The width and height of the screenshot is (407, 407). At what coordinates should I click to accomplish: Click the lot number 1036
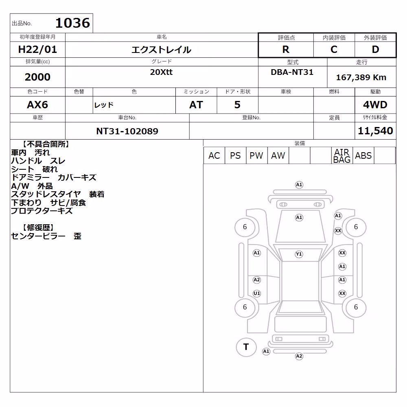[73, 23]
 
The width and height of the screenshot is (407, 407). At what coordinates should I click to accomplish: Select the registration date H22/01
[37, 49]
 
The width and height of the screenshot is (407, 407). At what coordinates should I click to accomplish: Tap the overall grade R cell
[286, 49]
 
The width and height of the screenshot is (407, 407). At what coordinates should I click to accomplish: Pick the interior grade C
[334, 49]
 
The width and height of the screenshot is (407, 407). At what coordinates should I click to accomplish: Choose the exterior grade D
[375, 49]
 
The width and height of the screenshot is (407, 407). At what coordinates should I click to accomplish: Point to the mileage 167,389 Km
[361, 77]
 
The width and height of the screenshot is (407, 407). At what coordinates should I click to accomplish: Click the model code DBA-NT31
[292, 72]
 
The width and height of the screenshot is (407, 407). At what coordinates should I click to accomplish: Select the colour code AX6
[37, 105]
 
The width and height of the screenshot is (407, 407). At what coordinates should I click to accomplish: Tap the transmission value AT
[196, 105]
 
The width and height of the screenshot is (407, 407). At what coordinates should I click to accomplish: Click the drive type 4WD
[375, 105]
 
